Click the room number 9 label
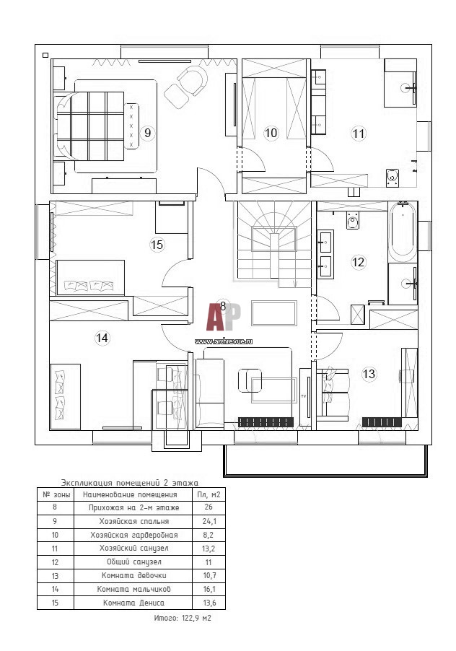pyautogui.click(x=147, y=134)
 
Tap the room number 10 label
pyautogui.click(x=271, y=134)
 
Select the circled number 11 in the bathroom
pyautogui.click(x=358, y=134)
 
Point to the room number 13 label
pyautogui.click(x=369, y=374)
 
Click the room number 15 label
pyautogui.click(x=157, y=245)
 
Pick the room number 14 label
pyautogui.click(x=102, y=338)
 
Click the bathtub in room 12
pyautogui.click(x=402, y=232)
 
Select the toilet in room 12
pyautogui.click(x=353, y=220)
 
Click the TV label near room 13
pyautogui.click(x=303, y=396)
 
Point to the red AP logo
pyautogui.click(x=223, y=318)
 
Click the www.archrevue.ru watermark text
pyautogui.click(x=223, y=341)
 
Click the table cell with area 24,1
pyautogui.click(x=209, y=522)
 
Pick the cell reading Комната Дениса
pyautogui.click(x=133, y=603)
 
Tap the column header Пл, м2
pyautogui.click(x=209, y=494)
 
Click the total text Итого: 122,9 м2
pyautogui.click(x=183, y=618)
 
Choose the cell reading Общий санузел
pyautogui.click(x=133, y=562)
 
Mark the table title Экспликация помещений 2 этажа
pyautogui.click(x=129, y=483)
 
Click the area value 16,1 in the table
pyautogui.click(x=209, y=589)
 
